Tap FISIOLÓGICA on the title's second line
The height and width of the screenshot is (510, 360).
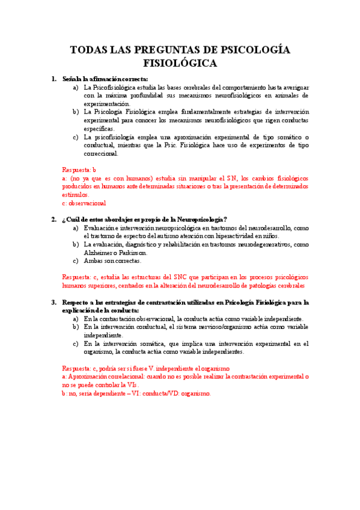click(x=180, y=63)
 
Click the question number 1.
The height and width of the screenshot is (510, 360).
click(x=54, y=79)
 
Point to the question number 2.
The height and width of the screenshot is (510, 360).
click(x=54, y=219)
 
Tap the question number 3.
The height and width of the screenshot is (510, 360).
click(x=54, y=302)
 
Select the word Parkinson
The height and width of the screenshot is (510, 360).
click(x=137, y=253)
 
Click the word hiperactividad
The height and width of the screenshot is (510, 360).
click(x=249, y=236)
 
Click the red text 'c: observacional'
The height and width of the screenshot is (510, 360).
click(x=84, y=203)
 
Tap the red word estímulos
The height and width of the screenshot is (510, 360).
click(x=75, y=195)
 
